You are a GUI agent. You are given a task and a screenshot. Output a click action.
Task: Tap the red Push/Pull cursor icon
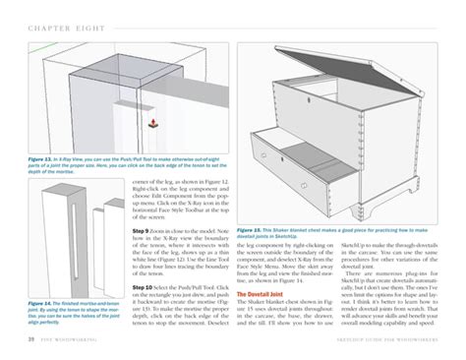(150, 123)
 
